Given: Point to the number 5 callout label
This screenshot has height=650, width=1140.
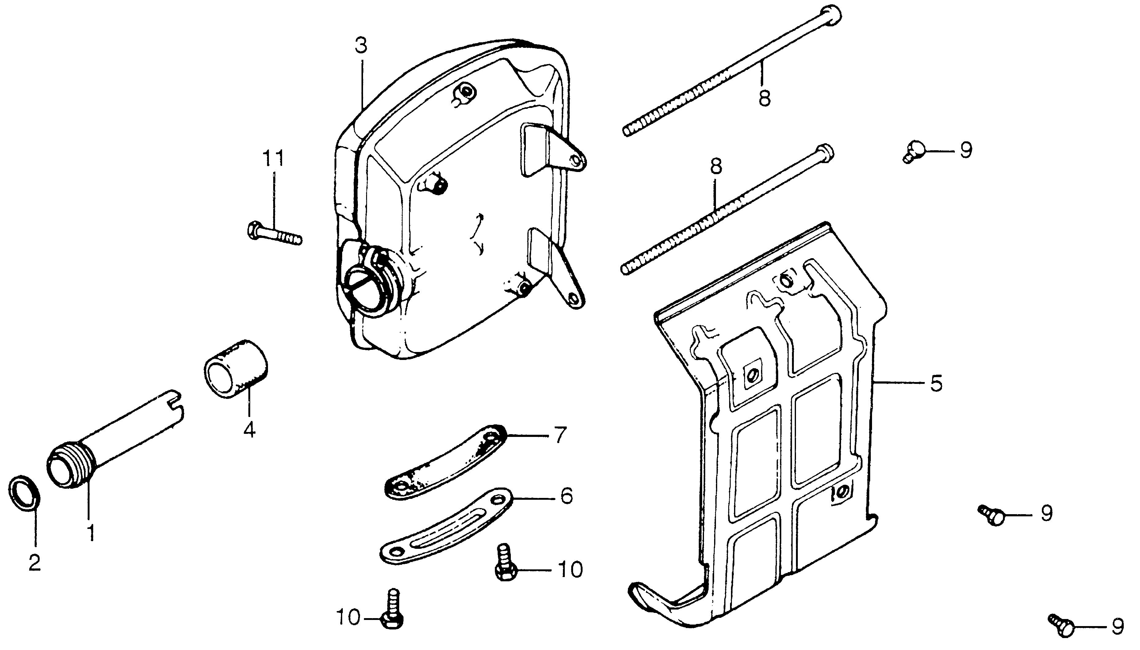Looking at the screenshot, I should (x=936, y=383).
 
